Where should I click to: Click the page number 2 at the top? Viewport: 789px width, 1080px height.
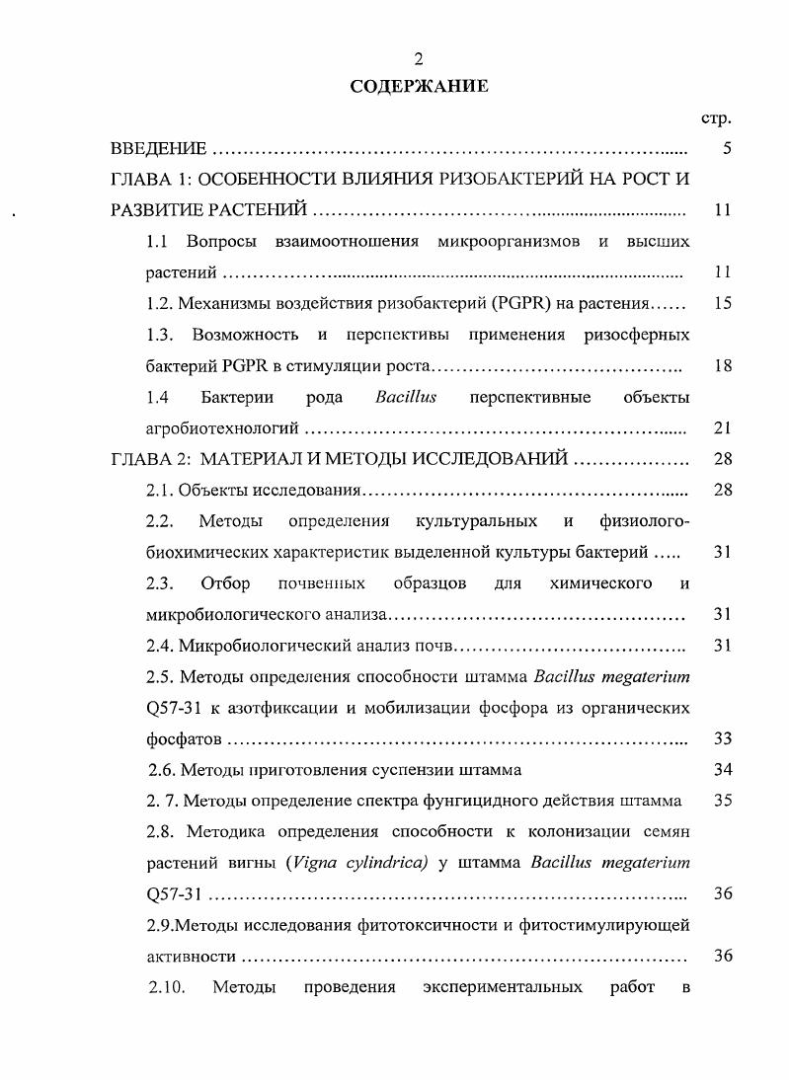pyautogui.click(x=419, y=62)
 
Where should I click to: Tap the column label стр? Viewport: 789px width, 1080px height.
pyautogui.click(x=716, y=118)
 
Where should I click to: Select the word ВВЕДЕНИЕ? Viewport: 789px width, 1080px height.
pyautogui.click(x=158, y=149)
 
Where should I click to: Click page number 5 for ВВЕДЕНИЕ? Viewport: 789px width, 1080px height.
pyautogui.click(x=727, y=149)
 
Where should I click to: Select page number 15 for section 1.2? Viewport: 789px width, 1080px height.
pyautogui.click(x=722, y=304)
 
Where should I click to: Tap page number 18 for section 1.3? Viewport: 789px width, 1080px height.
pyautogui.click(x=722, y=366)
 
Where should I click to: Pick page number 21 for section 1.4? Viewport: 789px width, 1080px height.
pyautogui.click(x=722, y=428)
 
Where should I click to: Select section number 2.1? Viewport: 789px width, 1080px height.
pyautogui.click(x=159, y=491)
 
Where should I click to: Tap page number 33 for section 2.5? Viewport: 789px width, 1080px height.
pyautogui.click(x=722, y=738)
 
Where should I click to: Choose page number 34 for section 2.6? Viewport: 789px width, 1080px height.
pyautogui.click(x=722, y=769)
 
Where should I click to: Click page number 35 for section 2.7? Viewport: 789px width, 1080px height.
pyautogui.click(x=722, y=801)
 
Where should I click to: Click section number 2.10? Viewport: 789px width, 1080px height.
pyautogui.click(x=167, y=986)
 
